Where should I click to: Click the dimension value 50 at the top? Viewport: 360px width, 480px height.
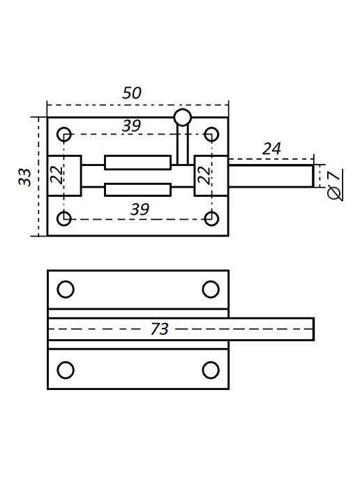tap(132, 93)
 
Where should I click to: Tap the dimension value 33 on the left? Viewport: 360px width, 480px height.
tap(25, 177)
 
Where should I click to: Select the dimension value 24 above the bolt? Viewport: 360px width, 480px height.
tap(271, 149)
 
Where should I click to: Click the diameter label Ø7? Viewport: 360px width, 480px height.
tap(334, 185)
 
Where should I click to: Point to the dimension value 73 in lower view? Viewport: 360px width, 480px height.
tap(160, 329)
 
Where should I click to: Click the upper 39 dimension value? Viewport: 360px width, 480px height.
tap(131, 126)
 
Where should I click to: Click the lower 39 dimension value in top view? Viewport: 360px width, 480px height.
tap(140, 209)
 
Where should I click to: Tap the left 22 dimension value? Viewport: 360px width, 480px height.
tap(57, 175)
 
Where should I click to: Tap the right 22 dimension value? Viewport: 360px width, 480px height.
tap(204, 175)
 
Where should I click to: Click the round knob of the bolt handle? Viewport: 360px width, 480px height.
tap(183, 117)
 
